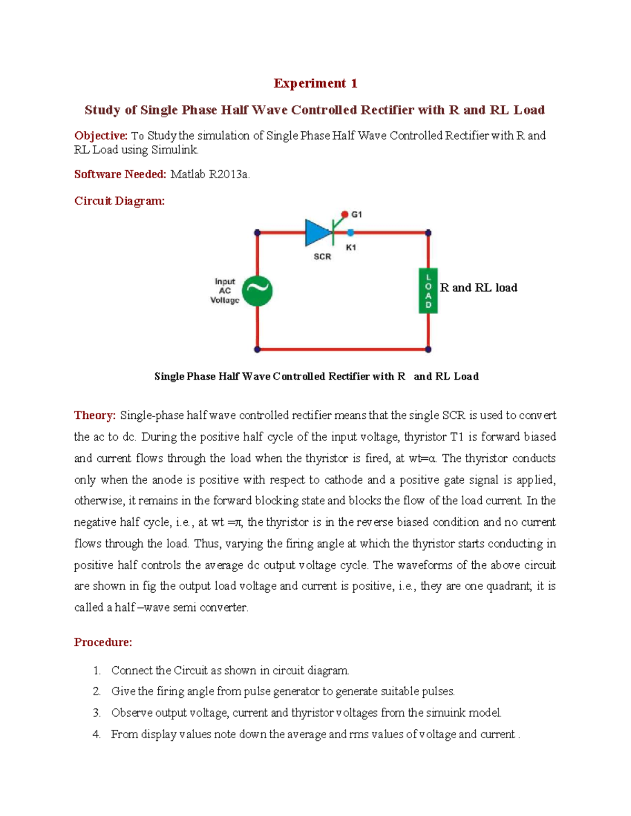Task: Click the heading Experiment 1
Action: (x=315, y=84)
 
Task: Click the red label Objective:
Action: (x=100, y=136)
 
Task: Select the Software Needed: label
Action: (x=120, y=174)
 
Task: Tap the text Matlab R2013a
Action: (x=210, y=174)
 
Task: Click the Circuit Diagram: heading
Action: (x=119, y=201)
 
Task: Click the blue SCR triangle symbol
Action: (x=318, y=232)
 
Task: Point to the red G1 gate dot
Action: (x=344, y=214)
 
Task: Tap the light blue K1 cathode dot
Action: (x=351, y=233)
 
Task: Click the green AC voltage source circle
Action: (x=257, y=291)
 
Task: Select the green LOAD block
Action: (x=428, y=291)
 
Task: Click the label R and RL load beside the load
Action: (x=479, y=288)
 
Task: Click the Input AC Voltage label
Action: (x=225, y=291)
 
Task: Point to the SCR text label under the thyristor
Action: (x=322, y=256)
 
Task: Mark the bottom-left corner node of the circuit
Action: (x=257, y=349)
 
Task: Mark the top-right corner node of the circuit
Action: (x=428, y=233)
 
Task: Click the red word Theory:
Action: (x=95, y=416)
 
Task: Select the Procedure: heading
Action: (x=103, y=642)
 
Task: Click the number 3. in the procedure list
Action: (x=97, y=713)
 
